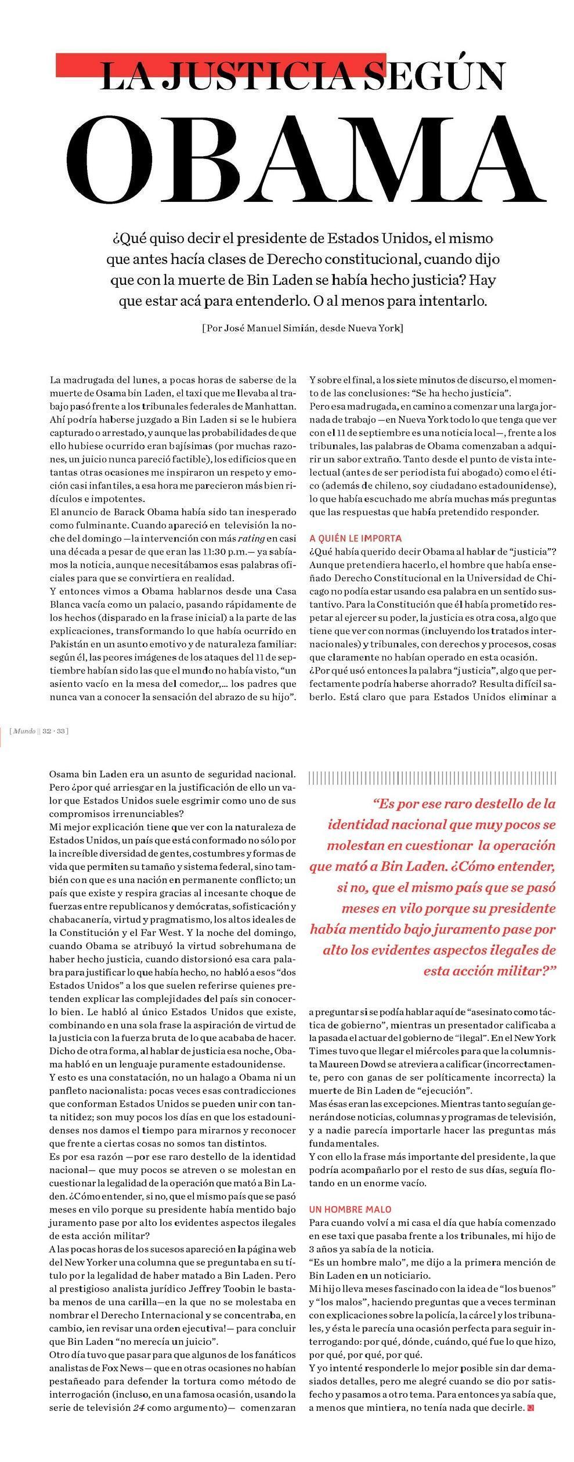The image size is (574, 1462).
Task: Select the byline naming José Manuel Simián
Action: click(302, 328)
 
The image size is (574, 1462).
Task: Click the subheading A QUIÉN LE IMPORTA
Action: click(355, 538)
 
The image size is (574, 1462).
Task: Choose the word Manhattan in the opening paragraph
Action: click(265, 406)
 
